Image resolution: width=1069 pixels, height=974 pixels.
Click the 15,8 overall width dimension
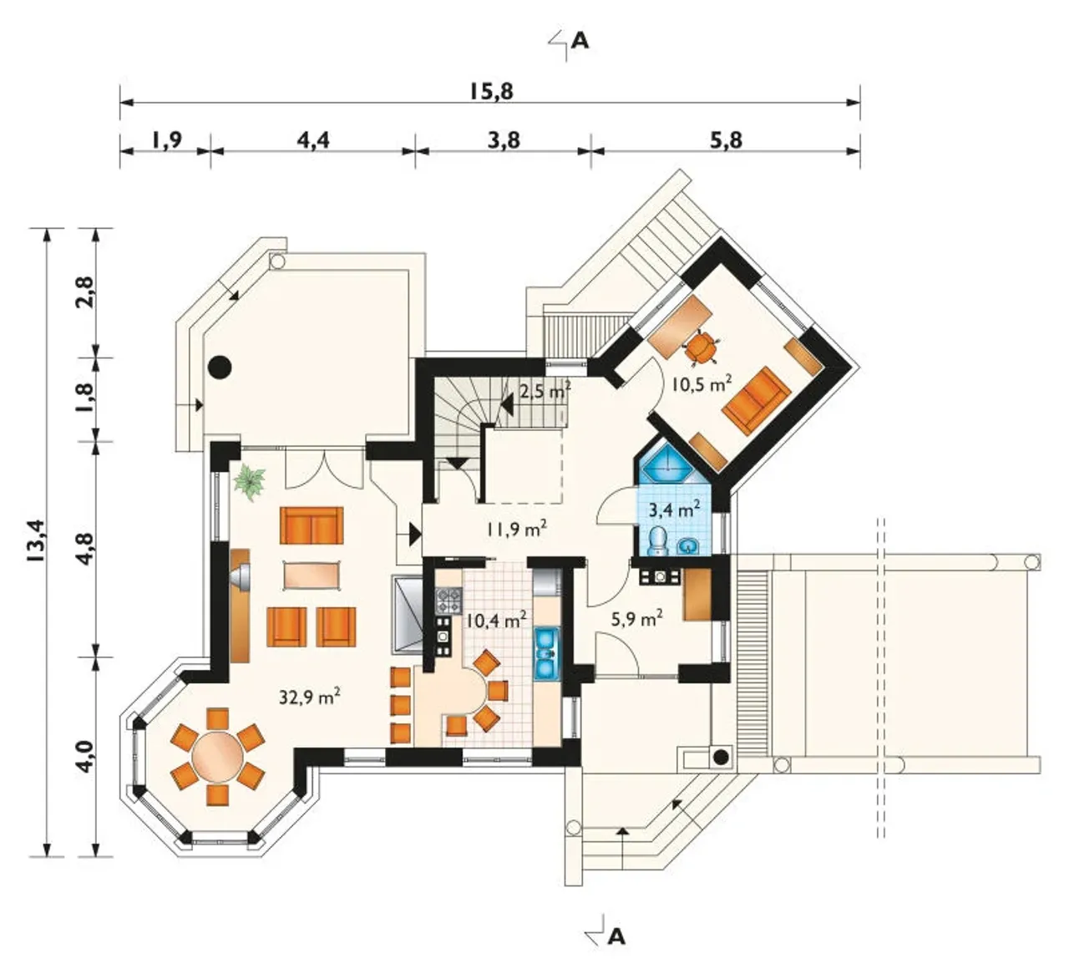[x=491, y=91]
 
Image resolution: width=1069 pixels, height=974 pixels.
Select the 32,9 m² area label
[x=310, y=696]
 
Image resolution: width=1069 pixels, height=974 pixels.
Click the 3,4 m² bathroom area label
[x=675, y=509]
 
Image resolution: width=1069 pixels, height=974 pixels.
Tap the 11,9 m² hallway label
[x=516, y=529]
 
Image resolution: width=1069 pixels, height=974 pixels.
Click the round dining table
[x=218, y=757]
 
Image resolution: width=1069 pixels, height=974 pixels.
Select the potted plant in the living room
[x=250, y=482]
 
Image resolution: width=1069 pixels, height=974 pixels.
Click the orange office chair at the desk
[x=700, y=347]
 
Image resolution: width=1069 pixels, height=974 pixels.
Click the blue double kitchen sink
[x=545, y=655]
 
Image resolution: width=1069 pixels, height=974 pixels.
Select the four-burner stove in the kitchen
[x=448, y=601]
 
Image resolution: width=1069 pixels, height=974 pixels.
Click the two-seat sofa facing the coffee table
[x=312, y=525]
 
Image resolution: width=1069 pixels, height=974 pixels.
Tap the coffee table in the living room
[x=312, y=575]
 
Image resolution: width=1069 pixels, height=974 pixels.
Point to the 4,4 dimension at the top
[x=313, y=140]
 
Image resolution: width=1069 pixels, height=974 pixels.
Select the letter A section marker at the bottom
[x=616, y=936]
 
